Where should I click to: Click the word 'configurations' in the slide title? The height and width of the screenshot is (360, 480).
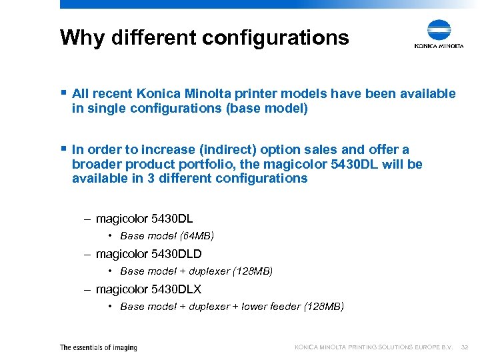[x=275, y=37]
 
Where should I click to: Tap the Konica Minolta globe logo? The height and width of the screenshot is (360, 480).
[x=439, y=31]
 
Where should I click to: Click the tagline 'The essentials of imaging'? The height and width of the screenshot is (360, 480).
[x=98, y=347]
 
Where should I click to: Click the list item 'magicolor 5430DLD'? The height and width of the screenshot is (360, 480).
[x=148, y=254]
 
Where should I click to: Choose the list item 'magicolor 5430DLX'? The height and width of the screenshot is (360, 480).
[x=148, y=289]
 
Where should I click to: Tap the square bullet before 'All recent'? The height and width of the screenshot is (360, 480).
[x=63, y=93]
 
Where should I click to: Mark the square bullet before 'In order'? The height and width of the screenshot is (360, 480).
[x=63, y=149]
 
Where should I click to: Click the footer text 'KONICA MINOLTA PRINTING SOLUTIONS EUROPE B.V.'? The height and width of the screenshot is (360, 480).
[x=374, y=347]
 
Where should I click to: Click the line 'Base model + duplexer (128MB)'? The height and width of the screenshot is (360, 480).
[x=196, y=271]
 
